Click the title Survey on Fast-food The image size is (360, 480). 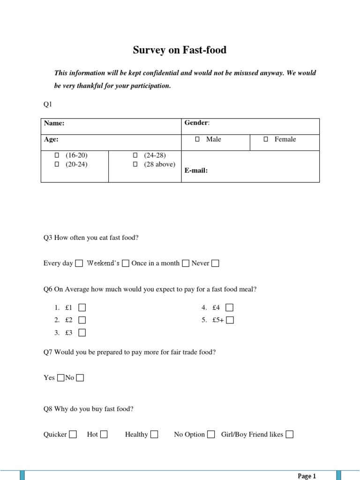click(x=180, y=50)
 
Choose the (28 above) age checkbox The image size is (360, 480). click(x=135, y=165)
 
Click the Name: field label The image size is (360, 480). click(x=54, y=123)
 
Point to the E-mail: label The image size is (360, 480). click(x=196, y=171)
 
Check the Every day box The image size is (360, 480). click(x=79, y=263)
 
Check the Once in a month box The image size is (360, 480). click(x=186, y=263)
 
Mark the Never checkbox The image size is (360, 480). click(x=215, y=263)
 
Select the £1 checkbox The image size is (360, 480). click(x=82, y=308)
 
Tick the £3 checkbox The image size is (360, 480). click(x=82, y=333)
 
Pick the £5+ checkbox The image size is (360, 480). click(x=230, y=321)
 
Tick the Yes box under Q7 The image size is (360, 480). click(x=60, y=378)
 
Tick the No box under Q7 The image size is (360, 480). click(x=80, y=378)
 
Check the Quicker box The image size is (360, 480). click(x=73, y=435)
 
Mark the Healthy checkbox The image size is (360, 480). click(x=154, y=435)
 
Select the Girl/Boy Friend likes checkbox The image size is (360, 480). click(x=290, y=435)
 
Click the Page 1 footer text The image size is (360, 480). click(x=307, y=476)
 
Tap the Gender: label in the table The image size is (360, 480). click(x=197, y=123)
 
